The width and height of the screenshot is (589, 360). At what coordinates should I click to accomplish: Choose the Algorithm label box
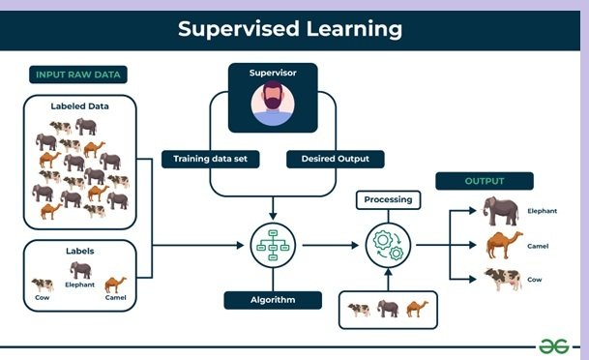[273, 299]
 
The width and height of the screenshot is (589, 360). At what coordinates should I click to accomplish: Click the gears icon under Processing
[388, 244]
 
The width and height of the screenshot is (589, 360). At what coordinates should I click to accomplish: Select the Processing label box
[388, 199]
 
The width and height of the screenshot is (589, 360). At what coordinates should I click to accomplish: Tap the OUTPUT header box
[485, 181]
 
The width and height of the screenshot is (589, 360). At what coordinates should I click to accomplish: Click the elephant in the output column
[502, 210]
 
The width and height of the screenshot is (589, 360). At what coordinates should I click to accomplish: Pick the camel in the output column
[503, 244]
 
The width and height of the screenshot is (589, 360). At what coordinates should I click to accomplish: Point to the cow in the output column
[503, 279]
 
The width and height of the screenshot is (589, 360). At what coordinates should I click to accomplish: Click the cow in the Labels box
[43, 285]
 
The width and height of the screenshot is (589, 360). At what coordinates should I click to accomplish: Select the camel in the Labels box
[115, 284]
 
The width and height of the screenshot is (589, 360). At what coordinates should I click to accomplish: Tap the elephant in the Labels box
[80, 270]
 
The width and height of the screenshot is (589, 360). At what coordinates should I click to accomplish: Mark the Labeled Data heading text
[81, 106]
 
